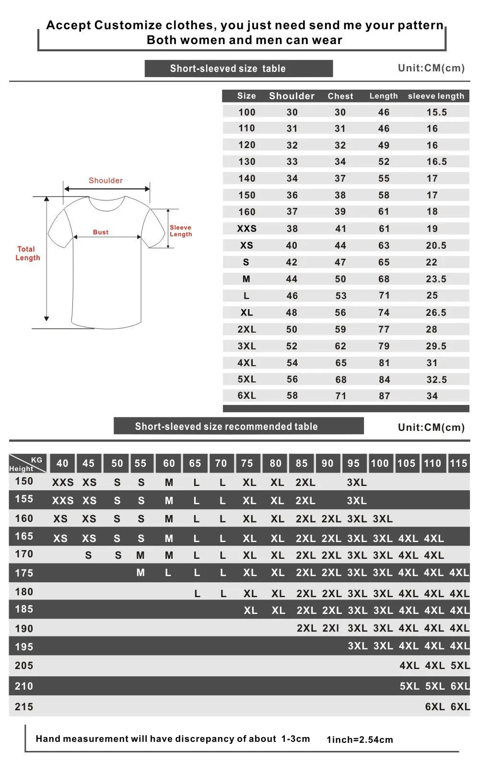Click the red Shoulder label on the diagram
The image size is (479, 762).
click(105, 181)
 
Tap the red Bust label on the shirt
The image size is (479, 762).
click(101, 232)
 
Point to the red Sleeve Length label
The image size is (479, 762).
click(181, 231)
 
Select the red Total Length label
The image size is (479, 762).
click(27, 254)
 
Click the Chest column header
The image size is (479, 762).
click(340, 96)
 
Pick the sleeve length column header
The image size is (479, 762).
click(436, 96)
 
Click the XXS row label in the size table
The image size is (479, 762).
click(246, 229)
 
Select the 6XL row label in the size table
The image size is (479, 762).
click(246, 396)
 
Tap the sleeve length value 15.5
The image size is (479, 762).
click(436, 112)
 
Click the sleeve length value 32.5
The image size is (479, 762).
click(436, 380)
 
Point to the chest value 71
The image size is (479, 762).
click(340, 396)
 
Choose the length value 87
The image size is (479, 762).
click(384, 396)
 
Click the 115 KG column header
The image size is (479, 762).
click(458, 463)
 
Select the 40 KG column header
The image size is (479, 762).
click(62, 463)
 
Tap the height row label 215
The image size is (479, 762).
click(24, 706)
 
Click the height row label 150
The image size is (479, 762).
click(24, 481)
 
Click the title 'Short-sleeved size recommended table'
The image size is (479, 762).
click(226, 427)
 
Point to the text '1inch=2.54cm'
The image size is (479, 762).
click(360, 739)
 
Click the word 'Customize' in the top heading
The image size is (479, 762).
click(128, 25)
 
